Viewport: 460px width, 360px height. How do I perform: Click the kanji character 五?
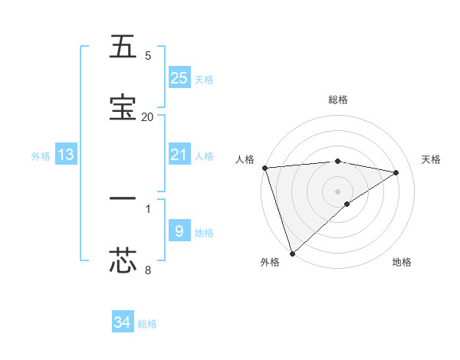(x=123, y=47)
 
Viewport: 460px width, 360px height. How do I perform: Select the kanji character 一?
(x=123, y=198)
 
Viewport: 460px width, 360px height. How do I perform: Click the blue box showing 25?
(x=179, y=78)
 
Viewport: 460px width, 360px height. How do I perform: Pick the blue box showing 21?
(x=179, y=155)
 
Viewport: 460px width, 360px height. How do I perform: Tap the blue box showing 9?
(x=179, y=231)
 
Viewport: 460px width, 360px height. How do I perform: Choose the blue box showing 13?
(x=66, y=155)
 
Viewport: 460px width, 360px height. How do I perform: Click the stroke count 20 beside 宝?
(x=147, y=116)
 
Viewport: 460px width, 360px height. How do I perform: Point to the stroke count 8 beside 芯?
(x=148, y=269)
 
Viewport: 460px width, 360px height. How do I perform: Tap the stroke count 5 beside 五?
(x=148, y=56)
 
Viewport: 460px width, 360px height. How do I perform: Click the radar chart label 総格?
(x=338, y=100)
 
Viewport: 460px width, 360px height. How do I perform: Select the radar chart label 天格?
(x=432, y=159)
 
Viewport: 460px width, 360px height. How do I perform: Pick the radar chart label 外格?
(x=269, y=262)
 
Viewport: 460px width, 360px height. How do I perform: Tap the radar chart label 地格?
(x=402, y=262)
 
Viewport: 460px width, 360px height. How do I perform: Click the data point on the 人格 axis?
(x=264, y=168)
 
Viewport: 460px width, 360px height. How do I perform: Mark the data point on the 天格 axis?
(x=396, y=172)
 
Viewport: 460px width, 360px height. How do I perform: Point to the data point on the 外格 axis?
(x=292, y=253)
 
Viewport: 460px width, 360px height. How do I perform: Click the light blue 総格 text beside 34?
(x=147, y=324)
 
